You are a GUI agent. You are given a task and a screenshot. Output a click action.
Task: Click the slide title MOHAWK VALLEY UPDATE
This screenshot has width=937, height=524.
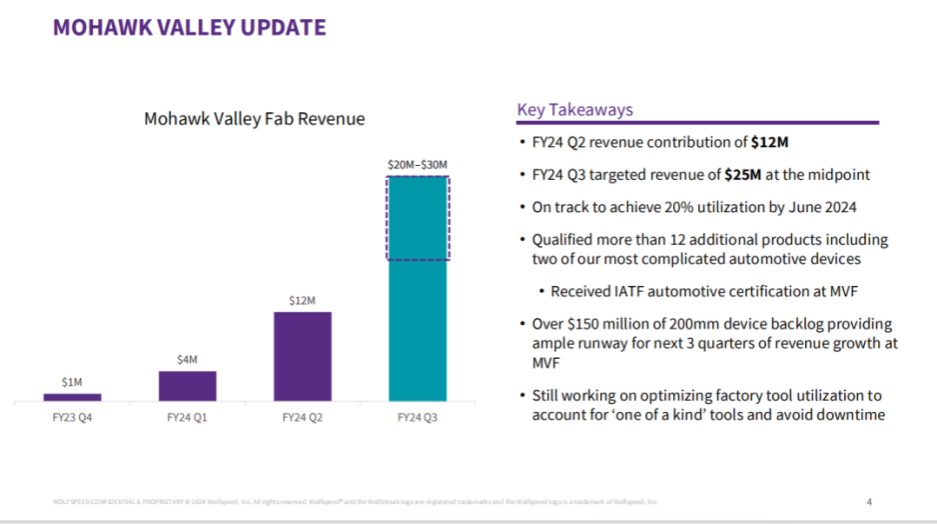(x=190, y=27)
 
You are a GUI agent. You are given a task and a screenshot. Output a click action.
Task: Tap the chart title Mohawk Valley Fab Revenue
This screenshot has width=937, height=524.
(x=255, y=119)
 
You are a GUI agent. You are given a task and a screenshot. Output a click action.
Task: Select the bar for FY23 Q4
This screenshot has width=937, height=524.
(x=72, y=397)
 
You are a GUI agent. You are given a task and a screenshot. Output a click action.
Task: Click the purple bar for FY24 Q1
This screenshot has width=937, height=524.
(x=187, y=386)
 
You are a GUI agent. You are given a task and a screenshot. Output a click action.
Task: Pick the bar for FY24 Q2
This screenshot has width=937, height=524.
(x=302, y=356)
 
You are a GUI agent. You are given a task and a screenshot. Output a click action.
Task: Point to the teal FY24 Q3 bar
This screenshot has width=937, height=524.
(x=417, y=330)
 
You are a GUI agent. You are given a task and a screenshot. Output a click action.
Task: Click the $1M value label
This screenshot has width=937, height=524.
(x=72, y=382)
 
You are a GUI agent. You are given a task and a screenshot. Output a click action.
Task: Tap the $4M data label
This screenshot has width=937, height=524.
(x=187, y=359)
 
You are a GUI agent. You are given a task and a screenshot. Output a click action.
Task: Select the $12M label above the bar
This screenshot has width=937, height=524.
(x=302, y=300)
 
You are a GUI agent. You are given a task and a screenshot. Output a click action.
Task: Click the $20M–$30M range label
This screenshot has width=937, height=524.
(x=417, y=164)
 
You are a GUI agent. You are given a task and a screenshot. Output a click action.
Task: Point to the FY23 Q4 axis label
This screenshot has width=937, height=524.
(x=72, y=418)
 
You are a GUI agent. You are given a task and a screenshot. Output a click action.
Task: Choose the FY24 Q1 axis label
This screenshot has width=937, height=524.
(x=187, y=418)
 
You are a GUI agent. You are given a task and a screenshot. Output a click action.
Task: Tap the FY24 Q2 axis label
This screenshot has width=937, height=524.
(x=302, y=418)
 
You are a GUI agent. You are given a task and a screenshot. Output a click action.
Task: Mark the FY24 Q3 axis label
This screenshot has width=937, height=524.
(x=417, y=418)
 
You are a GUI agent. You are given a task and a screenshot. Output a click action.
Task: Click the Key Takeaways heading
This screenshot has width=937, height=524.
(x=574, y=110)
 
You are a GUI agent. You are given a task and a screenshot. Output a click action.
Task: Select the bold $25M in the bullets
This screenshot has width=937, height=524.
(x=742, y=175)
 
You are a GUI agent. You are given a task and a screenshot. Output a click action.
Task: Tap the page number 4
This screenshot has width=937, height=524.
(x=868, y=501)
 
